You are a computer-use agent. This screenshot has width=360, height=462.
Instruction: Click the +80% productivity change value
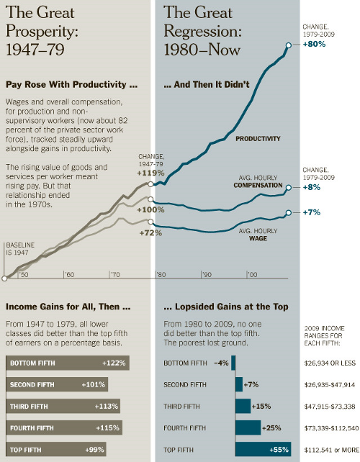tap(315, 44)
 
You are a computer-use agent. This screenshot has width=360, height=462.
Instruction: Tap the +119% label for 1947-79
tap(150, 173)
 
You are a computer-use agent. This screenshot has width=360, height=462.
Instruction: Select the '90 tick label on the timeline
tap(207, 275)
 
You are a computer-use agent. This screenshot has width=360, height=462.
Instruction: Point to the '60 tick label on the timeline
tap(70, 275)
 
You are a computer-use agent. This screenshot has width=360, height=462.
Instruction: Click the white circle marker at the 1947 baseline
tap(4, 278)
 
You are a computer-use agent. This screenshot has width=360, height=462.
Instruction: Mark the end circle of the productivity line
tap(289, 45)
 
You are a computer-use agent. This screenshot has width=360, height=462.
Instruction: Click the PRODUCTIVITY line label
tap(258, 139)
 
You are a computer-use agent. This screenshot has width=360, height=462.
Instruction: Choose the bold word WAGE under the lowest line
tap(258, 238)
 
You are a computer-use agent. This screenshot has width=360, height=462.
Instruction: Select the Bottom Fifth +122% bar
tap(68, 363)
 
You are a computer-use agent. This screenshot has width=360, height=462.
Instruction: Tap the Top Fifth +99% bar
tap(56, 450)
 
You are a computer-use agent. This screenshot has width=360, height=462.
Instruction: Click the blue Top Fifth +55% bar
tap(263, 450)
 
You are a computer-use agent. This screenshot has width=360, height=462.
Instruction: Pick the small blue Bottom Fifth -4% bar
tap(233, 363)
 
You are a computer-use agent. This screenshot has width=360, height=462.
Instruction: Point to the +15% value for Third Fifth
tap(261, 407)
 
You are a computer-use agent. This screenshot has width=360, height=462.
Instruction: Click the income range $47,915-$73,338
tap(330, 407)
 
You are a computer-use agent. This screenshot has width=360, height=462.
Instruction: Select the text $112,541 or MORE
tap(332, 450)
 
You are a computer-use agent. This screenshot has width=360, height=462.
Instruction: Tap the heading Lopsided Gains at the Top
tap(226, 307)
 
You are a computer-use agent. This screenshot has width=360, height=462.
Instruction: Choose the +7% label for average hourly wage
tap(312, 212)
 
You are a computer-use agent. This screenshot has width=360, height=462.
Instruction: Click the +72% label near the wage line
tap(150, 233)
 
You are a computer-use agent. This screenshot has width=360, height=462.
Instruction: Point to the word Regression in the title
tap(202, 31)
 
